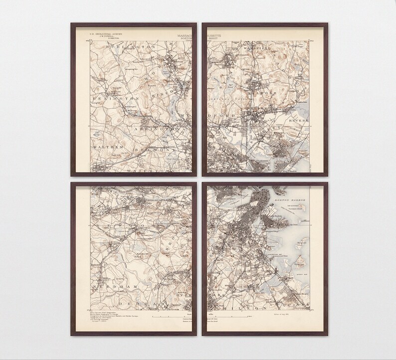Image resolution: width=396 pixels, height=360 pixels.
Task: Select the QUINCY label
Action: coord(314,308)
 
